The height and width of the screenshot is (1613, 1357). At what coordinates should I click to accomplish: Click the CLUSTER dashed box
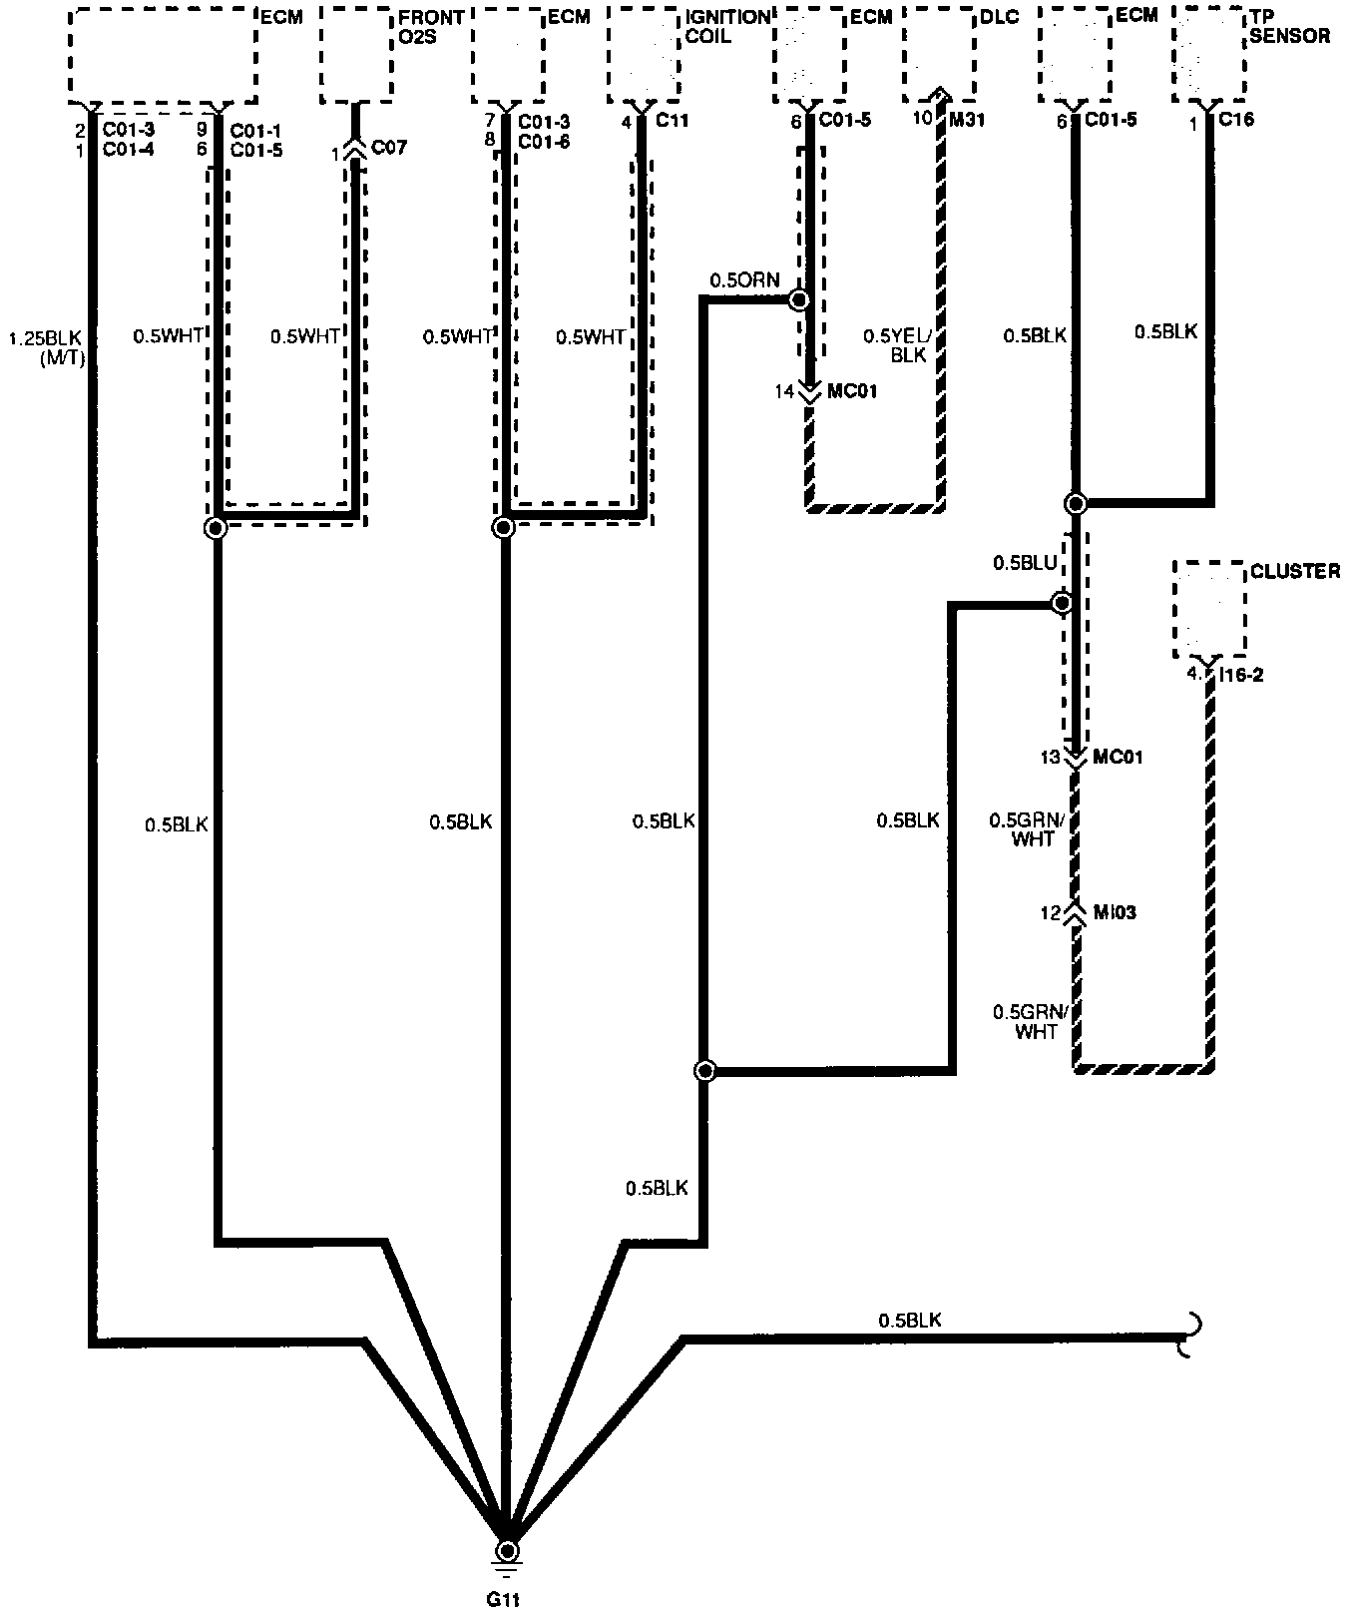(1209, 608)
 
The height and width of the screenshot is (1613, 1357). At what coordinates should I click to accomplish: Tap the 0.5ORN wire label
(744, 280)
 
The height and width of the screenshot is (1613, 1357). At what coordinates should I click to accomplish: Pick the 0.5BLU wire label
(1024, 564)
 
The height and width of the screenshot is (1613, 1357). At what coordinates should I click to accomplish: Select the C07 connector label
(389, 149)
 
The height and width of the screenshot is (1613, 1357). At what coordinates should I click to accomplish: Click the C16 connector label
(1236, 120)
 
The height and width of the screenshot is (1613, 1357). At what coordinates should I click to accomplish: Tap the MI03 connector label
(1115, 912)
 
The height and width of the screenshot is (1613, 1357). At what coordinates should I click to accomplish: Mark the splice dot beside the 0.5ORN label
(798, 298)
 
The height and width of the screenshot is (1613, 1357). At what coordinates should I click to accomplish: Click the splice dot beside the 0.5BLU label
(1062, 603)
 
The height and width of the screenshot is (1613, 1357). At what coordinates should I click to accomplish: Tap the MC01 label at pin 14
(852, 391)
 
